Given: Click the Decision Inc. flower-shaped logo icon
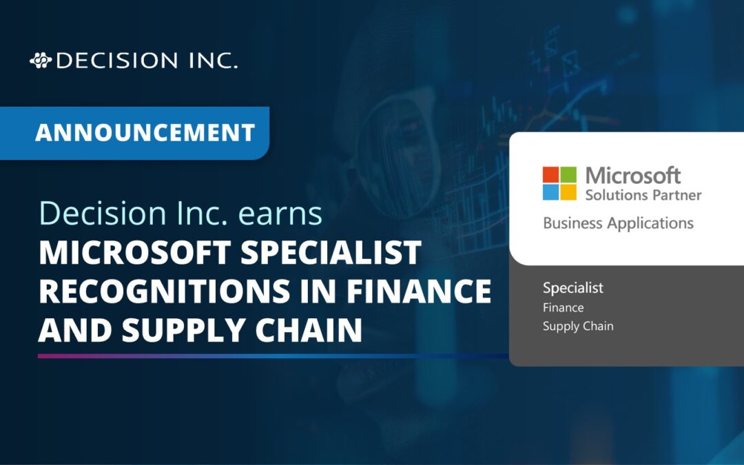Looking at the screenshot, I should (x=40, y=61).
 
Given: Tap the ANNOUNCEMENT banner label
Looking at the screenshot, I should (x=145, y=132).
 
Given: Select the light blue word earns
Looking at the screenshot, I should (x=280, y=214).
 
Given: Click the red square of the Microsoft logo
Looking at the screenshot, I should (x=550, y=174).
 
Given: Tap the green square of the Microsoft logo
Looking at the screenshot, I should (x=568, y=174).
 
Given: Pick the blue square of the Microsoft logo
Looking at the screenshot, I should (x=550, y=192).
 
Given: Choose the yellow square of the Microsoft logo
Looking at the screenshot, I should (x=568, y=192).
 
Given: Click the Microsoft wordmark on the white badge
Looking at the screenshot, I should (x=633, y=176).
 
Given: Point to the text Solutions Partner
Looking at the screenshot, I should (x=643, y=195).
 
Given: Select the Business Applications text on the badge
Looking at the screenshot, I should (x=618, y=223).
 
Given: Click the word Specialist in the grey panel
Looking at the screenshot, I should (x=572, y=288).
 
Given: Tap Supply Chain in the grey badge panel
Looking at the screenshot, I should (x=577, y=326).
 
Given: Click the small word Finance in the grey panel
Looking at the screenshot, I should (x=563, y=307).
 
